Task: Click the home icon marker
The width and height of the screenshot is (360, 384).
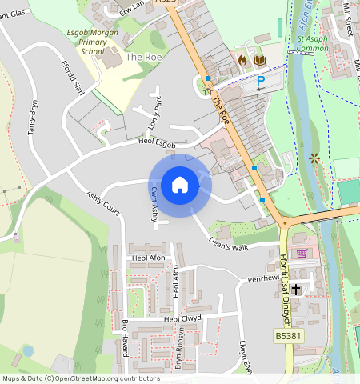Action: [180, 185]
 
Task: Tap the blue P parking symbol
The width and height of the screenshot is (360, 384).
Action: [260, 81]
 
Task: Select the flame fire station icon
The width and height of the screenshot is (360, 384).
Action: [243, 60]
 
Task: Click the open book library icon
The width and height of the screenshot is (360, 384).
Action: [258, 60]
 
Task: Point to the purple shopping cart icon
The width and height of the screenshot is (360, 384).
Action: [302, 254]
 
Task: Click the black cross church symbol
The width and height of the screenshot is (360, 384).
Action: [296, 288]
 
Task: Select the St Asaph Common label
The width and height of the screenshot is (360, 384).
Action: [312, 43]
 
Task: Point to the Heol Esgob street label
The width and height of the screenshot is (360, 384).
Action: [156, 142]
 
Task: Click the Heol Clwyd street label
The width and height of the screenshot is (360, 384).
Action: [181, 318]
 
